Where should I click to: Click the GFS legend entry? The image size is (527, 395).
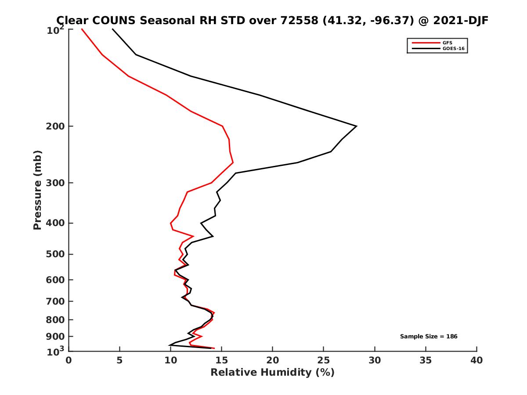448,43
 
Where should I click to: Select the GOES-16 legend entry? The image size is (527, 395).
453,49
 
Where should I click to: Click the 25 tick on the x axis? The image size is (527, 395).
324,360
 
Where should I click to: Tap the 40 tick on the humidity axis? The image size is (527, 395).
476,360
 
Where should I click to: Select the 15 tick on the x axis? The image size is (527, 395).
222,360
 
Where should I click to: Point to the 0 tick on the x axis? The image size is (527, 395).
69,360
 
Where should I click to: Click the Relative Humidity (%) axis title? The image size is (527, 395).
272,373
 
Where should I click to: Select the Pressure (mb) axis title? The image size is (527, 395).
37,190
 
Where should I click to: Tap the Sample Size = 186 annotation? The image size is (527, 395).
429,337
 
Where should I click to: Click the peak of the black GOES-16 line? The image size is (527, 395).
356,126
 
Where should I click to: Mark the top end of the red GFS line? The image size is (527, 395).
82,29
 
